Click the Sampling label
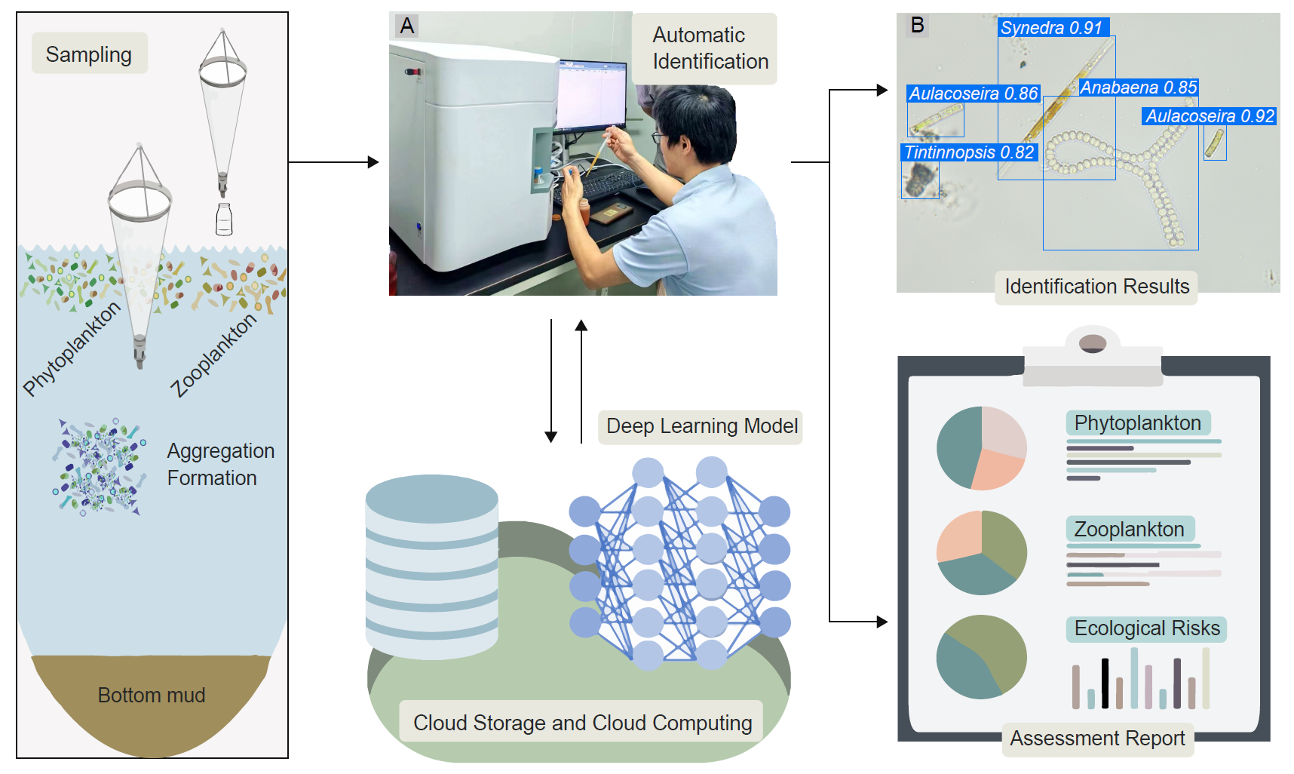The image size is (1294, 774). point(89,54)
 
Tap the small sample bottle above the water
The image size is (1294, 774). point(224,220)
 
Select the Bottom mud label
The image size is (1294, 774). point(152,695)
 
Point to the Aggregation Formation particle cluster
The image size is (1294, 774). point(99,466)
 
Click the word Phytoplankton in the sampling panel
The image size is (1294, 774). point(72,349)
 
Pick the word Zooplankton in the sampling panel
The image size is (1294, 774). point(213,355)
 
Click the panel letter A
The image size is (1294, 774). point(407,26)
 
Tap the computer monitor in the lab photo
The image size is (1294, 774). point(591,95)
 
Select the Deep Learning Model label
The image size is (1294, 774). point(701,426)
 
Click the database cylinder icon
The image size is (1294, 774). point(431,566)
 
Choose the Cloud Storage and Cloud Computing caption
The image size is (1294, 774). point(582,723)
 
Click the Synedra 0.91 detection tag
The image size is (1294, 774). point(1052,28)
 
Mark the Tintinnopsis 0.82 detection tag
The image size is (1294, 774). point(969,152)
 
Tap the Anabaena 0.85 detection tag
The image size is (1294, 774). point(1138,88)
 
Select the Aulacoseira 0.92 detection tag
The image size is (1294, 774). point(1210,116)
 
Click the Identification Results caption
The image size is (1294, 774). point(1096,287)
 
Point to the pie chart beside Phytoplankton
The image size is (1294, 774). point(981,448)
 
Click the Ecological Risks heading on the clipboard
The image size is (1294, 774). point(1146,628)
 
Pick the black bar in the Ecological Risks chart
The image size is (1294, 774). point(1105,683)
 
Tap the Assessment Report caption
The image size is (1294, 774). point(1097,738)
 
